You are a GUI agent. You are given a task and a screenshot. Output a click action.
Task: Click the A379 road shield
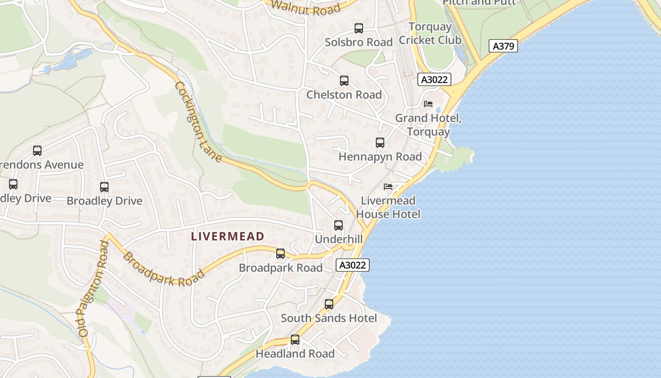pos(503,46)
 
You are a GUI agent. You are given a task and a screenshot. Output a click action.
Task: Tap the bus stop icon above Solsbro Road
pos(359,28)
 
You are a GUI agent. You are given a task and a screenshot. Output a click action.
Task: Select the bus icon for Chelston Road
pos(344,81)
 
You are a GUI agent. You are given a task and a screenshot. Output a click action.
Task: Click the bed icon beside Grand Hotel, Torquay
pos(428,104)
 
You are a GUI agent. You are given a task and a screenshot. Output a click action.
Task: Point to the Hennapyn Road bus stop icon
pos(380,143)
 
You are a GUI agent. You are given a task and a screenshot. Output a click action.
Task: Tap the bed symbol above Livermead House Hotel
pos(388,187)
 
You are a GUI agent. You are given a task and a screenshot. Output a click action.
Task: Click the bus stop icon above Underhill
pos(339,225)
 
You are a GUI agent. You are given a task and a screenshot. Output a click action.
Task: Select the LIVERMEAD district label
pos(228,236)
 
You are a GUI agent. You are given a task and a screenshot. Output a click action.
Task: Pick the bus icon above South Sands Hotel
pos(329,304)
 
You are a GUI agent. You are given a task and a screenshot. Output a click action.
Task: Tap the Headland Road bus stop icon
pos(295,340)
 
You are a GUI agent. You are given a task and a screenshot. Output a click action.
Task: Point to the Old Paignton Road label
pos(94,288)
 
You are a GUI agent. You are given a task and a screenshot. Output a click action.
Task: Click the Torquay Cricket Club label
pos(430,33)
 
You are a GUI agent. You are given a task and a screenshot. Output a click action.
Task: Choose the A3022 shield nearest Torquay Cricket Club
pos(434,79)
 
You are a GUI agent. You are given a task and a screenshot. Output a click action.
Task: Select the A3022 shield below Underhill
pos(353,265)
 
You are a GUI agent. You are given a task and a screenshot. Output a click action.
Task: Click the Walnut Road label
pos(306,7)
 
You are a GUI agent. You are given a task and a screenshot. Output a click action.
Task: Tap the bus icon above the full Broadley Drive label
pos(104,187)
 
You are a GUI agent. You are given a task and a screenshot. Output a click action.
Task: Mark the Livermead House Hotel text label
pos(388,207)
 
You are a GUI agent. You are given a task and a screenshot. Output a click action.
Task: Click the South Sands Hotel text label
pos(329,318)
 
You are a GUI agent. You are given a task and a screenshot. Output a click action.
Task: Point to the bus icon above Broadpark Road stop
pos(280,254)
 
